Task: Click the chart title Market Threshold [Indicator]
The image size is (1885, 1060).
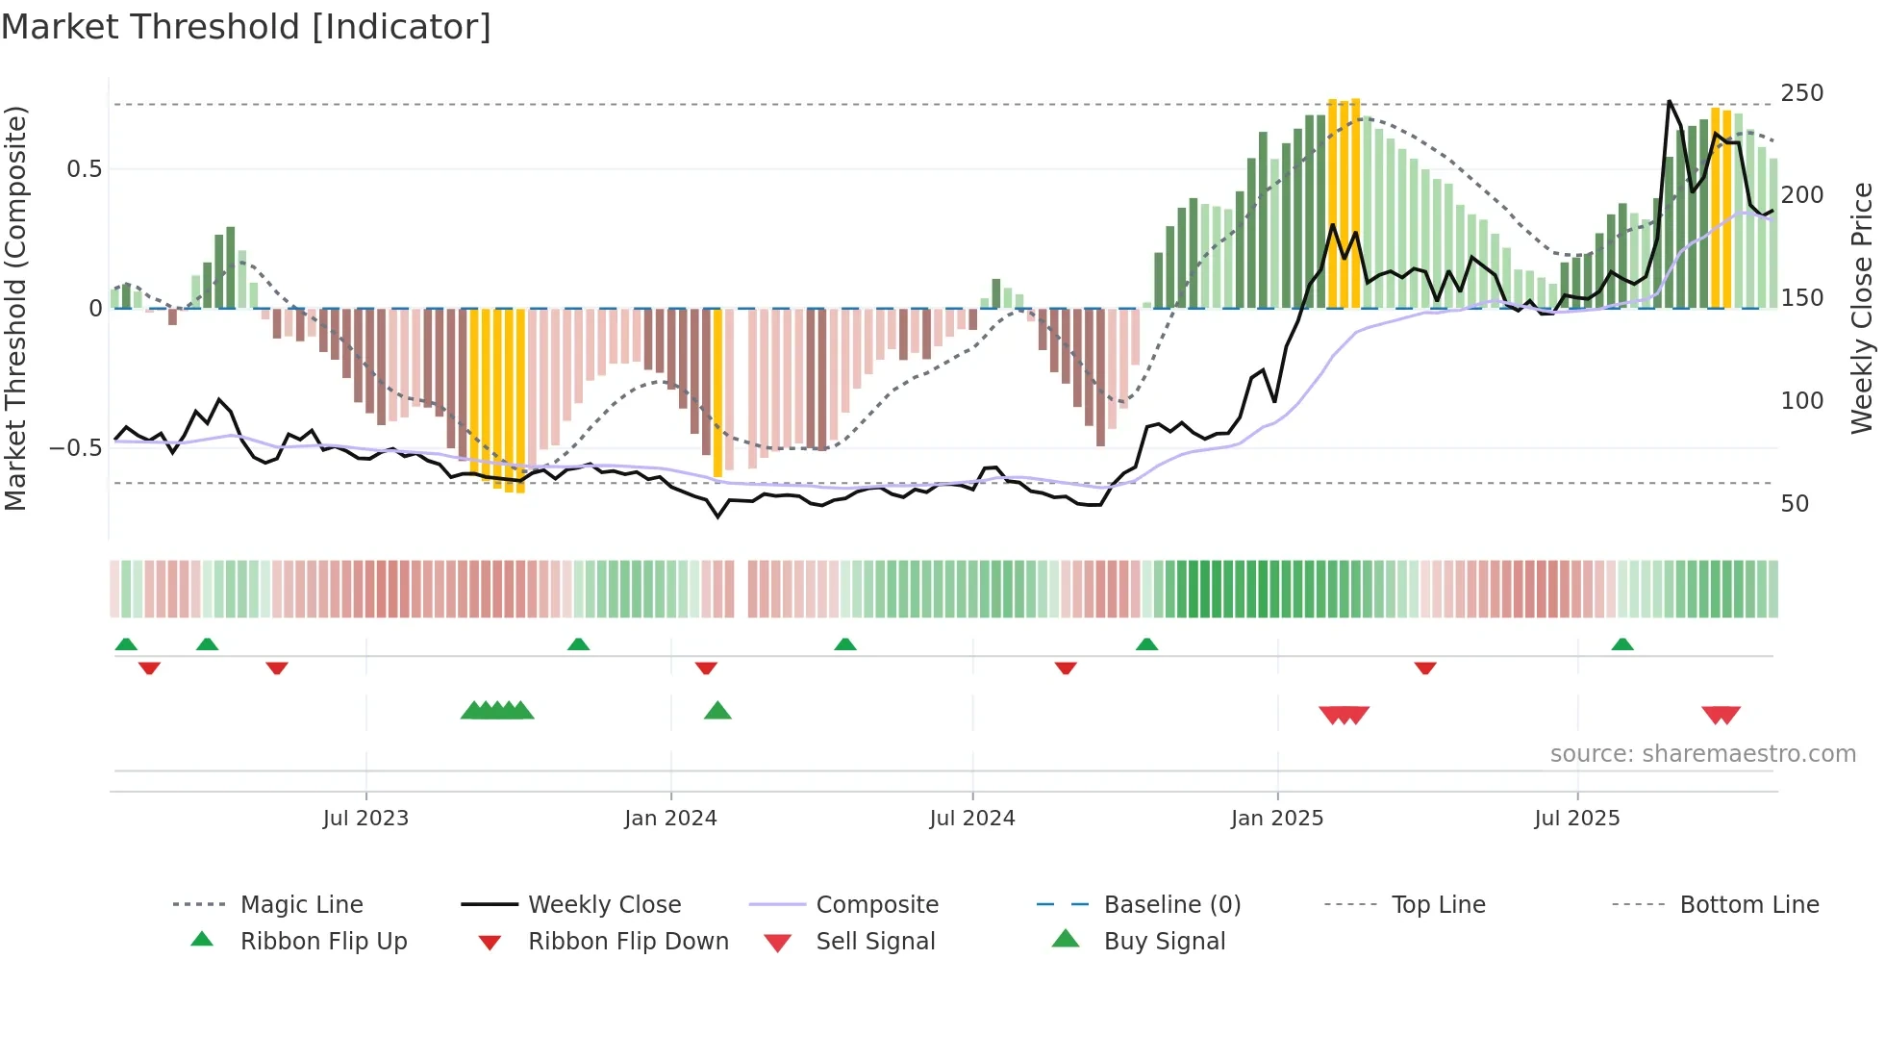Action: pyautogui.click(x=246, y=27)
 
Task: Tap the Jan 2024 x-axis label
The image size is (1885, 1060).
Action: pyautogui.click(x=670, y=819)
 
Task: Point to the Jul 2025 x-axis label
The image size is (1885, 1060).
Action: pyautogui.click(x=1576, y=819)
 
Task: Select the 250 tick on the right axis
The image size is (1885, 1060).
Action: pyautogui.click(x=1801, y=93)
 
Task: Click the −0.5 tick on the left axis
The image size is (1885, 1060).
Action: pyautogui.click(x=76, y=448)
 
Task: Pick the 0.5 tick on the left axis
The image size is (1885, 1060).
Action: pyautogui.click(x=84, y=169)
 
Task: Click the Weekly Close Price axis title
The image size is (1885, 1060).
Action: pyautogui.click(x=1862, y=308)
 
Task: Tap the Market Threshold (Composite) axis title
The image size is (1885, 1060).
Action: pyautogui.click(x=15, y=308)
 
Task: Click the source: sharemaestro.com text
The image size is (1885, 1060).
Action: pyautogui.click(x=1702, y=754)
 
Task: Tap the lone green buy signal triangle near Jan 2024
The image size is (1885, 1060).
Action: pyautogui.click(x=717, y=711)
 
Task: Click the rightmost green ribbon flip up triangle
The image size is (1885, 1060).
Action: pyautogui.click(x=1622, y=644)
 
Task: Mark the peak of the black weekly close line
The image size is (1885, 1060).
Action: pyautogui.click(x=1669, y=101)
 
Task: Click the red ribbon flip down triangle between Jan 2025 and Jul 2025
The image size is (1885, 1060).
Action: pyautogui.click(x=1425, y=668)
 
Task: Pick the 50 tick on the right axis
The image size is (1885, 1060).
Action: pyautogui.click(x=1795, y=504)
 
